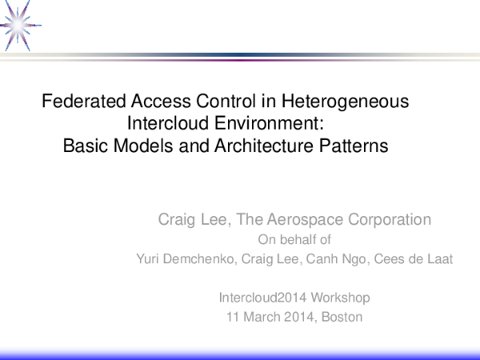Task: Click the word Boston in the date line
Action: pos(342,318)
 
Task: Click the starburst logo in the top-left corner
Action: pos(18,18)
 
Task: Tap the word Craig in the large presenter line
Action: pos(178,219)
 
